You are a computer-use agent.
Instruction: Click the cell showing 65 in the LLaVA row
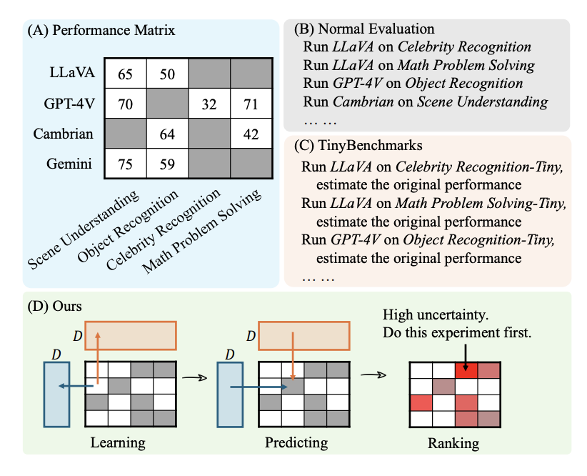coord(126,74)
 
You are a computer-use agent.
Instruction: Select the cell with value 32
coord(209,104)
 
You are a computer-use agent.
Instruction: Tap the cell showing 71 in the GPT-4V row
coord(251,104)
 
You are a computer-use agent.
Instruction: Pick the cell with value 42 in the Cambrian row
coord(251,134)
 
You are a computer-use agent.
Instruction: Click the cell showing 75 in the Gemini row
coord(126,164)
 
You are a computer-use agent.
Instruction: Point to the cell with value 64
coord(167,134)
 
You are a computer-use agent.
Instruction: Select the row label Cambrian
coord(71,134)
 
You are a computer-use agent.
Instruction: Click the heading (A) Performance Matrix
coord(100,31)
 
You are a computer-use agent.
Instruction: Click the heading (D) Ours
coord(54,306)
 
